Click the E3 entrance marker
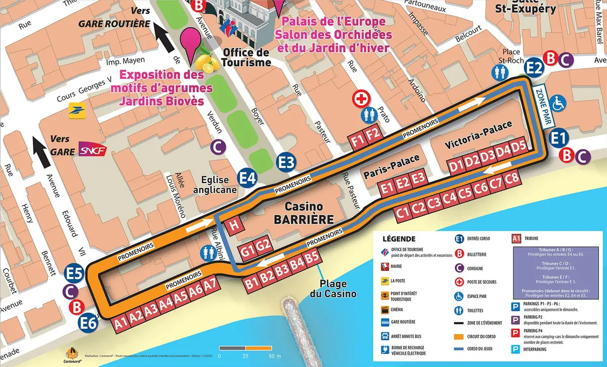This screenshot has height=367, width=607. [286, 162]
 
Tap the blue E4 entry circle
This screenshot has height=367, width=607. [248, 177]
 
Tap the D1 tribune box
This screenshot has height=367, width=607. [456, 164]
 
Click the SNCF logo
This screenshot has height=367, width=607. [92, 151]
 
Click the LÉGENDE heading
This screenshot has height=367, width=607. [399, 239]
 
